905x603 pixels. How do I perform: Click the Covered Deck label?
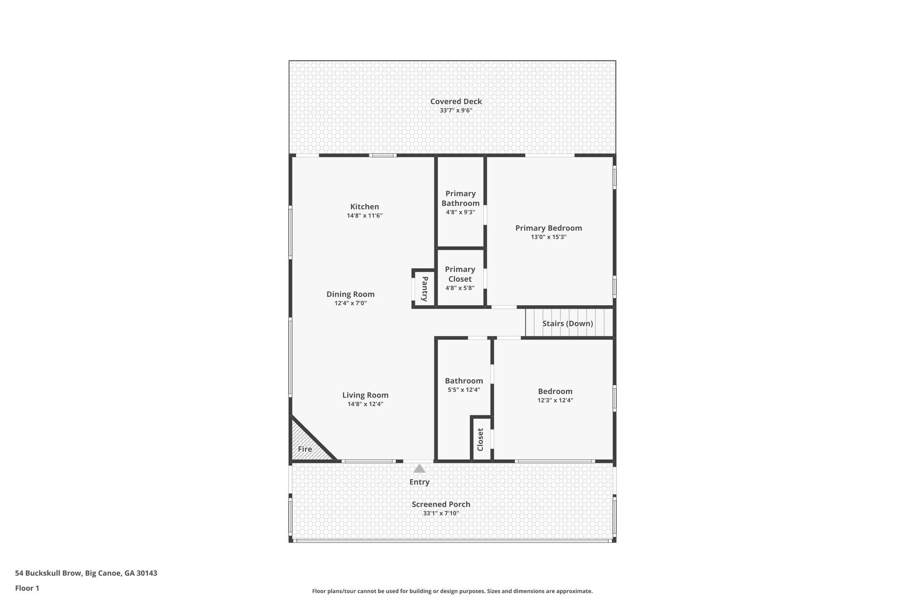click(x=456, y=102)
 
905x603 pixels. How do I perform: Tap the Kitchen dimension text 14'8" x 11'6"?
click(x=365, y=216)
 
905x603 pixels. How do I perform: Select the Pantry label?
click(x=425, y=289)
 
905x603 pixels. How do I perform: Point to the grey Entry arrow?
click(x=419, y=469)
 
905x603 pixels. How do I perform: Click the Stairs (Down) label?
click(x=567, y=323)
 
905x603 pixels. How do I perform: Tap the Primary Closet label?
click(x=460, y=274)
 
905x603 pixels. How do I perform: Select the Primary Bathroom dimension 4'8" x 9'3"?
click(x=460, y=212)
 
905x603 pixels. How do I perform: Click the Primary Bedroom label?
click(x=548, y=228)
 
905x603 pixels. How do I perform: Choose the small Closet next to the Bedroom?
click(x=481, y=440)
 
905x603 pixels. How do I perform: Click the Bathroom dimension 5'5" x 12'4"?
click(x=464, y=390)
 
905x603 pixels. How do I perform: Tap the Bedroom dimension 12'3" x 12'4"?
click(x=555, y=400)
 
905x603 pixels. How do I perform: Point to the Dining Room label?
click(x=350, y=294)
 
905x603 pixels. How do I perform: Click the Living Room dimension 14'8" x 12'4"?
click(x=365, y=404)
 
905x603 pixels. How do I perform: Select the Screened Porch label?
click(x=441, y=504)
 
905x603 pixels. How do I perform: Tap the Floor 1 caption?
click(x=27, y=588)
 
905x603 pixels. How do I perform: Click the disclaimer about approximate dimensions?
click(x=452, y=591)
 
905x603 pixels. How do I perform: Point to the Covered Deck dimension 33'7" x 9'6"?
click(x=456, y=110)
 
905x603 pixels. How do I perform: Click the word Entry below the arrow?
click(x=419, y=482)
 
